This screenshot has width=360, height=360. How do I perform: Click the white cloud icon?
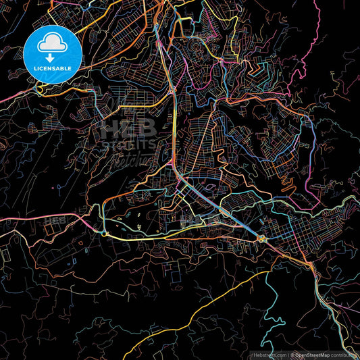[x=51, y=44]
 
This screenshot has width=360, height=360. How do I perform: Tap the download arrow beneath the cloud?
[x=51, y=57]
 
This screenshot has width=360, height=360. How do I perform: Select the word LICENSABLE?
[x=51, y=68]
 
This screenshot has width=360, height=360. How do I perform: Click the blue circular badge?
[x=51, y=51]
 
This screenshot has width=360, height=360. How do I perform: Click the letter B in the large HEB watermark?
[x=147, y=129]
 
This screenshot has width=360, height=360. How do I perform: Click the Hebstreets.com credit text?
[x=269, y=355]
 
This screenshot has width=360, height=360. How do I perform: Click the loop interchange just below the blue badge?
[x=42, y=90]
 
